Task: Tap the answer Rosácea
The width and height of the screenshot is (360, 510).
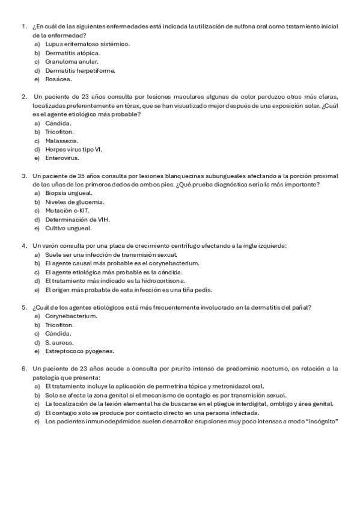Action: click(x=58, y=79)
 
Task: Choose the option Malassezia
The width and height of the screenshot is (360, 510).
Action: click(x=62, y=141)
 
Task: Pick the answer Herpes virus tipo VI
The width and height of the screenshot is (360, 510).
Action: click(x=73, y=149)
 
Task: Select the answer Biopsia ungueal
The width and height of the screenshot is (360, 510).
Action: click(x=69, y=193)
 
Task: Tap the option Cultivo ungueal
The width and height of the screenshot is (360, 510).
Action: click(x=68, y=229)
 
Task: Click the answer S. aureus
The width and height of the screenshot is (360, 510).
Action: click(x=58, y=342)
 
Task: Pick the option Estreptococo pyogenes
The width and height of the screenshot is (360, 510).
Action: click(x=79, y=351)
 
